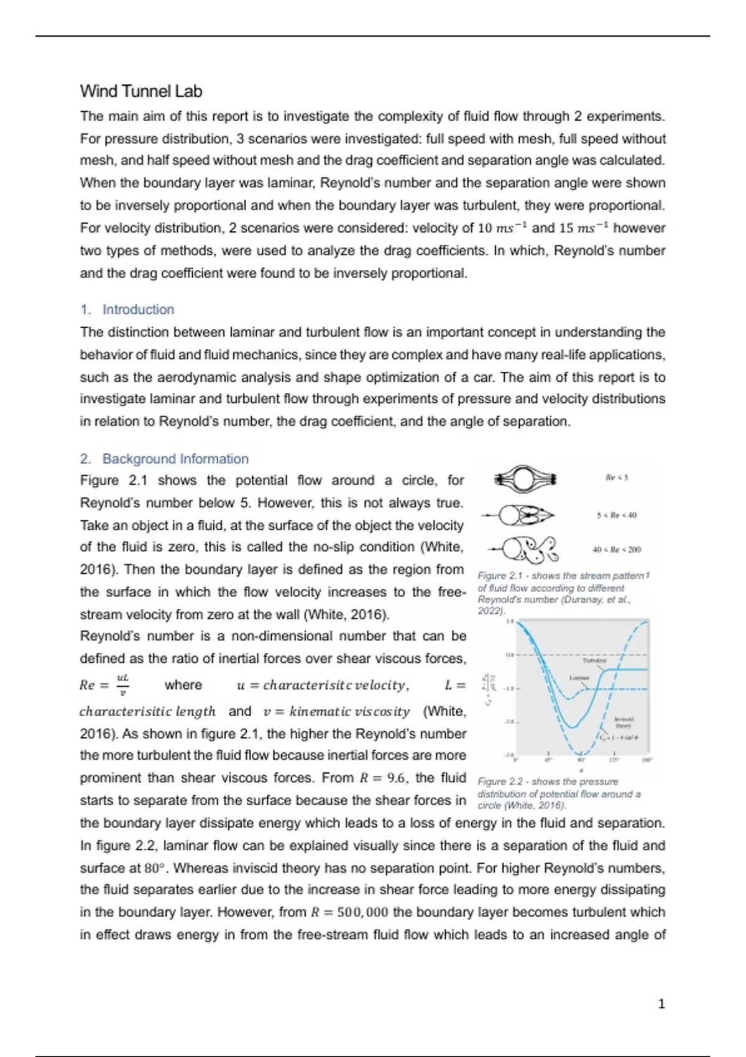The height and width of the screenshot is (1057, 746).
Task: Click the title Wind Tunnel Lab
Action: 141,91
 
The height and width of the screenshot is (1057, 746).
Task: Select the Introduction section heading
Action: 138,310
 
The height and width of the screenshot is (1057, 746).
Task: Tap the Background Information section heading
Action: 175,459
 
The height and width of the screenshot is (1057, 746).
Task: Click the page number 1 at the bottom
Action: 661,1004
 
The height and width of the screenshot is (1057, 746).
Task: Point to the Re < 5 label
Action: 617,478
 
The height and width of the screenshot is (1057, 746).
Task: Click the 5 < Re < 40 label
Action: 616,515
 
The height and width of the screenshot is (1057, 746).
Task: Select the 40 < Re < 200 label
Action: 616,550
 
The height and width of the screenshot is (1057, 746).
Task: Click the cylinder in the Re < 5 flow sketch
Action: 523,479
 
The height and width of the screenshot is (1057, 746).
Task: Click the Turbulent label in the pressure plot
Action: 594,660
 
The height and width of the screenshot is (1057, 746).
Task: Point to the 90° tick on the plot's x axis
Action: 581,760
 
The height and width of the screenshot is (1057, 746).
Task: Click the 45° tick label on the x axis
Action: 548,760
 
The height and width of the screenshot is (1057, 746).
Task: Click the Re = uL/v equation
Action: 104,685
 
